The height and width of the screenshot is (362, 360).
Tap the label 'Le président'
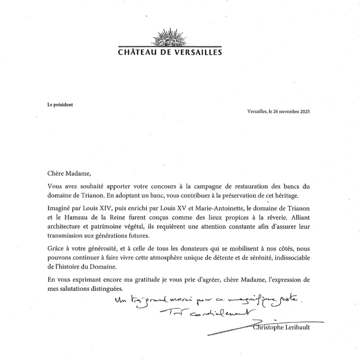(x=60, y=104)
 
